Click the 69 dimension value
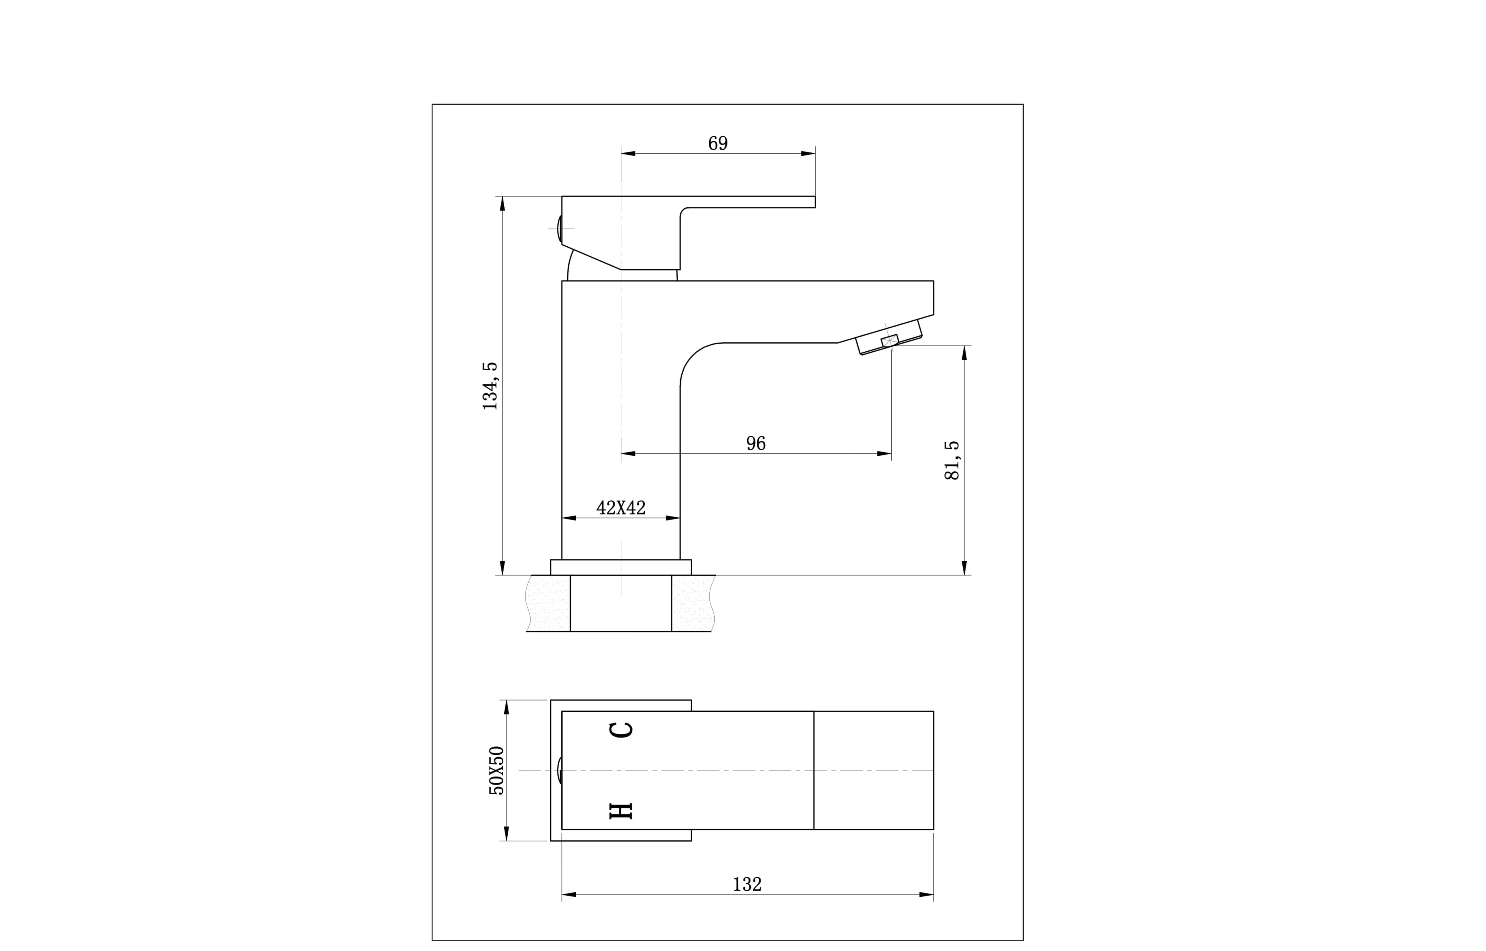[718, 143]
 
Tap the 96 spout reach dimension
[755, 443]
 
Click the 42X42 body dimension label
[621, 508]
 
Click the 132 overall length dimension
[747, 884]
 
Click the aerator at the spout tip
[889, 340]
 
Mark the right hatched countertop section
[693, 603]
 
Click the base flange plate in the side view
[621, 567]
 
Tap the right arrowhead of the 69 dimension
[808, 153]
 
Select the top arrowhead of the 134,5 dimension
[502, 204]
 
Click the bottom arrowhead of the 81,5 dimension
[964, 568]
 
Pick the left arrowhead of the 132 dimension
[569, 894]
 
